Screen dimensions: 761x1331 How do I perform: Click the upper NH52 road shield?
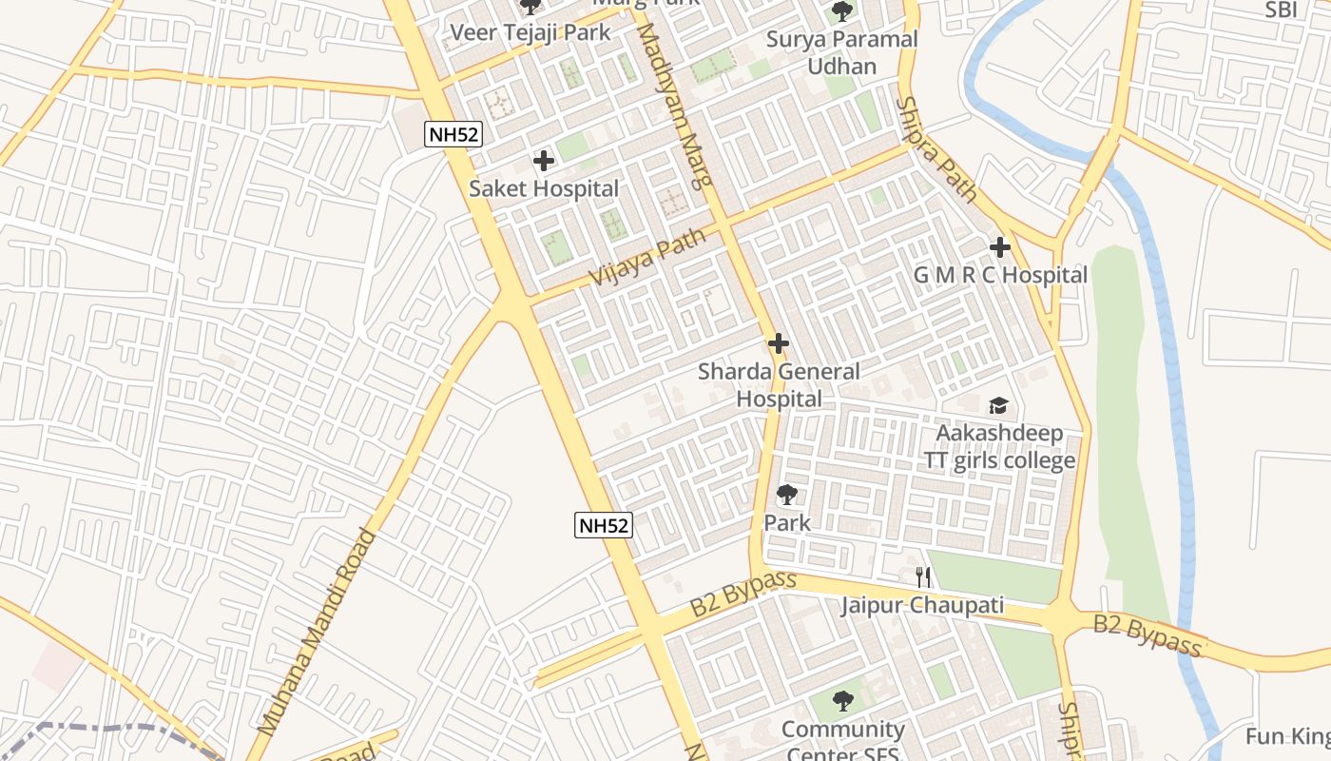(x=453, y=134)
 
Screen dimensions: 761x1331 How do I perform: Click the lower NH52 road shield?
(x=604, y=524)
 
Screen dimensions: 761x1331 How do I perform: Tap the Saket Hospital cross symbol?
(x=544, y=161)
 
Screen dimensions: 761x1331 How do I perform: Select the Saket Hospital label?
(x=544, y=188)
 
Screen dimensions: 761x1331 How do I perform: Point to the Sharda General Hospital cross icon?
(x=779, y=343)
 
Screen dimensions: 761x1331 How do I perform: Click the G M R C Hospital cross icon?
(x=999, y=247)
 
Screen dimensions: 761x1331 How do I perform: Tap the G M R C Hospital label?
(x=1000, y=275)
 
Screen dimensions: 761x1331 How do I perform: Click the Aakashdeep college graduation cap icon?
(x=998, y=406)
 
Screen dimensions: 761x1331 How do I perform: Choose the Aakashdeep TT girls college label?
(x=1000, y=447)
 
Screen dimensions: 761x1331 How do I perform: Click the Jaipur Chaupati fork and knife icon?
(x=922, y=576)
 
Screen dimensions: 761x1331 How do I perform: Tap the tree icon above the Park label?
(x=786, y=495)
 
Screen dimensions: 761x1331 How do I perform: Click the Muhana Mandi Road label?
(x=318, y=632)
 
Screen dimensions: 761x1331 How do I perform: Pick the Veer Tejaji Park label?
(x=530, y=32)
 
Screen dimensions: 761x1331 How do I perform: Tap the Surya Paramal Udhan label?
(x=841, y=52)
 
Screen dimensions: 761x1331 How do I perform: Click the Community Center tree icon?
(x=841, y=702)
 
